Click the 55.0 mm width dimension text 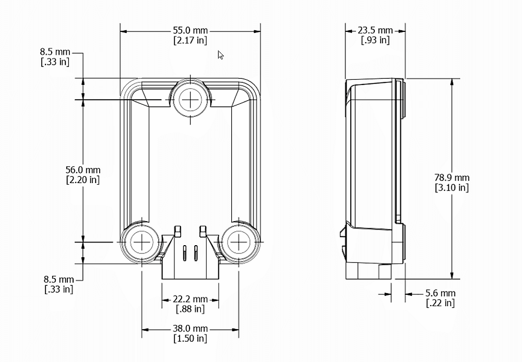click(x=190, y=31)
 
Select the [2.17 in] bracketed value click(x=190, y=40)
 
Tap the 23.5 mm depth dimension click(x=375, y=31)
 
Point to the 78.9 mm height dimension click(x=452, y=178)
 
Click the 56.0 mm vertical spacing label click(x=83, y=170)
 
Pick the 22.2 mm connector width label click(x=190, y=299)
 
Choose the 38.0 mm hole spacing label click(x=190, y=329)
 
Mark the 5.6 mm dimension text click(x=440, y=294)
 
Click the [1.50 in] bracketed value click(x=190, y=339)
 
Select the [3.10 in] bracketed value click(x=452, y=188)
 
